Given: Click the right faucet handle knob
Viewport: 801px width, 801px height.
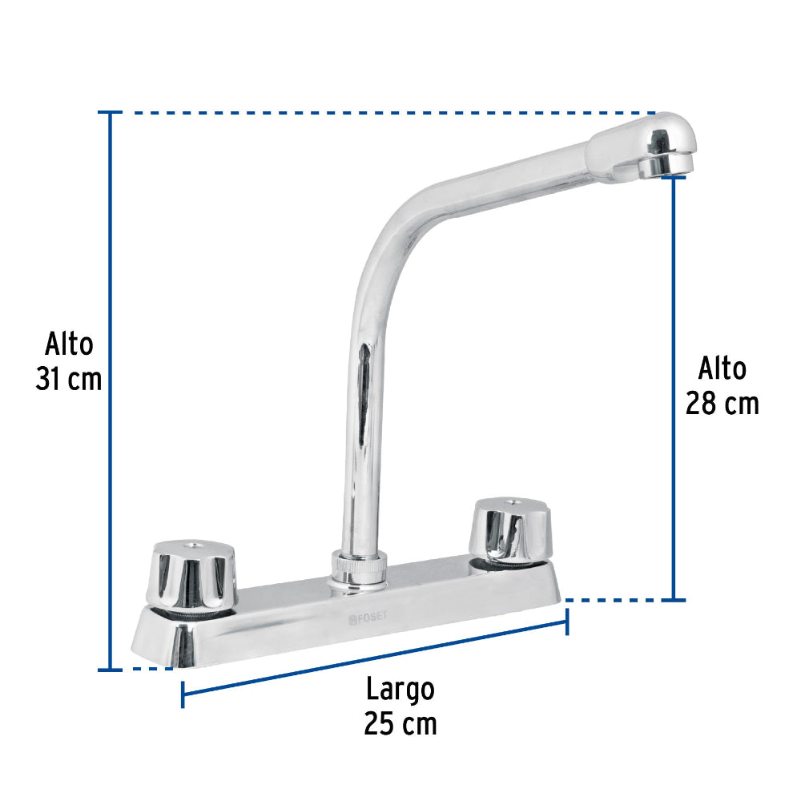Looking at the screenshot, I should pos(511,529).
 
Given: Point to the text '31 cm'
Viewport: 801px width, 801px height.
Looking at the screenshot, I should pos(69,379).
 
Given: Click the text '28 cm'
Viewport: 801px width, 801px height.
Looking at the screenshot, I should pos(722,403).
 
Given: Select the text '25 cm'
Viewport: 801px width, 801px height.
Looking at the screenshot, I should pos(400,723).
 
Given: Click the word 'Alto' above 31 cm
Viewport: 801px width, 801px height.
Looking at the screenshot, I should pos(69,344).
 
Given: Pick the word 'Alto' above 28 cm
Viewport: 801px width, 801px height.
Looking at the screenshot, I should pos(722,368).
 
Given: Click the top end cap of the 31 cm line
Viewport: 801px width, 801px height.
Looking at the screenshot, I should pos(110,113).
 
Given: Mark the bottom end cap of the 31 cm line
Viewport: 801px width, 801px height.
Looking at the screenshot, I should pos(110,669).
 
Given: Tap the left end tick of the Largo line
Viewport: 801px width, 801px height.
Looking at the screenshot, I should pos(183,694).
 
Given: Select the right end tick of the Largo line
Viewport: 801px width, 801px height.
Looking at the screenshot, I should pos(567,622).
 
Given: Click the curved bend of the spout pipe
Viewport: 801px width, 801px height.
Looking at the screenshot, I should pos(384,232).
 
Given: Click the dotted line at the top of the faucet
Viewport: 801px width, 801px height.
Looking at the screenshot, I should pos(384,113).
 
